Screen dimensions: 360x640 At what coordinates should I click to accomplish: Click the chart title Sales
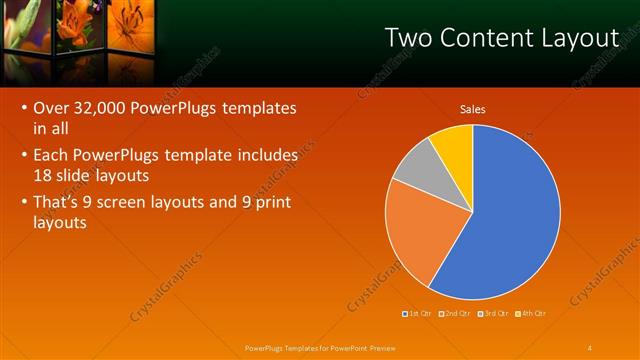pos(472,109)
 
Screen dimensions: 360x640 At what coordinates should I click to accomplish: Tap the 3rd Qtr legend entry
pos(494,314)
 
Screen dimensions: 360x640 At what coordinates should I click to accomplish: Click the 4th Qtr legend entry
pos(532,314)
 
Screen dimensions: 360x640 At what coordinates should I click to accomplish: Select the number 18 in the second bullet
pos(43,175)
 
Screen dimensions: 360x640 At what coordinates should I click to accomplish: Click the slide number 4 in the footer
pos(590,347)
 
